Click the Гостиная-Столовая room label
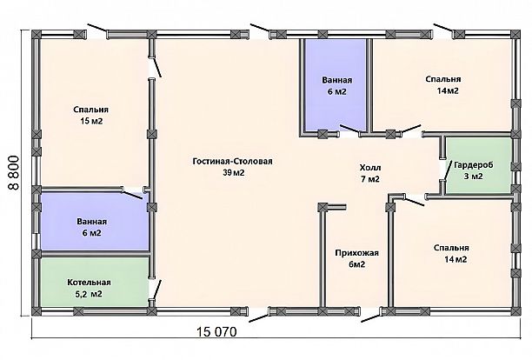click(232, 161)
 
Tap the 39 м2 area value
click(234, 173)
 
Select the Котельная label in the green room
click(89, 283)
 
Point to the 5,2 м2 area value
click(89, 294)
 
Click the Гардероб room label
click(474, 165)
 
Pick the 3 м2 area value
click(474, 177)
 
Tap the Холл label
click(370, 168)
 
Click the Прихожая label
click(357, 253)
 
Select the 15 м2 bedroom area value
click(91, 121)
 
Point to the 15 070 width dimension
click(217, 331)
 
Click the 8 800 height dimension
click(14, 173)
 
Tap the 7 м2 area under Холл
click(370, 179)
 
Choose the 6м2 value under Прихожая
click(357, 264)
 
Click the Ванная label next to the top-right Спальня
click(337, 80)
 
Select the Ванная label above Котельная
click(91, 222)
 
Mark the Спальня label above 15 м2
click(91, 110)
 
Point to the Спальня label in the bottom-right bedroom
click(451, 248)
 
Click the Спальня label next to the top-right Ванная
click(443, 79)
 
